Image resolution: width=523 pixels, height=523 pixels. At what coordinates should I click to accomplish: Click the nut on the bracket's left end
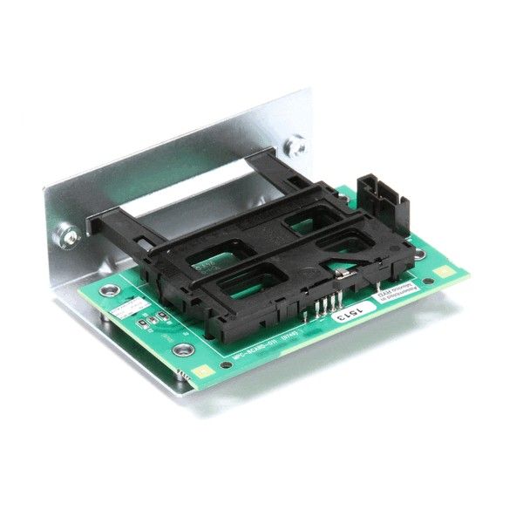pyautogui.click(x=65, y=234)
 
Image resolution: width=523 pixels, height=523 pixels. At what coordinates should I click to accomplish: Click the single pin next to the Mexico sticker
pyautogui.click(x=377, y=289)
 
